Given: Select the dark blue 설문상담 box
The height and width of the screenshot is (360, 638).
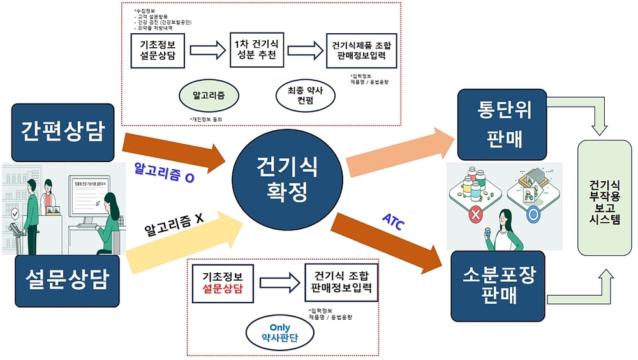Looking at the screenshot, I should pyautogui.click(x=63, y=279).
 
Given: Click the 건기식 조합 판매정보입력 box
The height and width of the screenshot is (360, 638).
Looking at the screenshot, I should pyautogui.click(x=341, y=281).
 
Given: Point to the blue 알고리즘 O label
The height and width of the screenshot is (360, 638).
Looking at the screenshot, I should pyautogui.click(x=164, y=173).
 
